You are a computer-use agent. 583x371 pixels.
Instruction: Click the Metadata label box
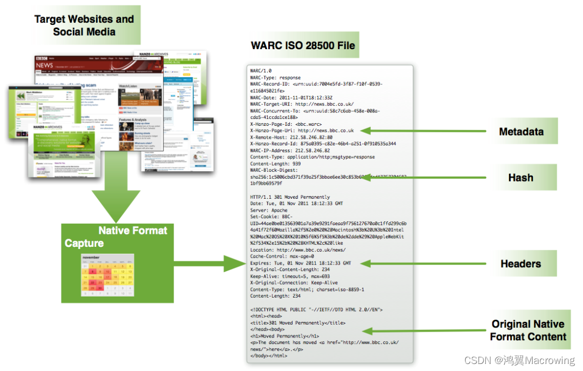tap(521, 131)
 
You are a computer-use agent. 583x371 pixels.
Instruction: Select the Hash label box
tap(520, 178)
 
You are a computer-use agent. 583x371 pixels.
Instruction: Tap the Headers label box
tap(520, 264)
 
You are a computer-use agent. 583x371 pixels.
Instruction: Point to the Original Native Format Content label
tap(527, 330)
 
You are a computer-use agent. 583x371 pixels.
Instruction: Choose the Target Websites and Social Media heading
tap(84, 25)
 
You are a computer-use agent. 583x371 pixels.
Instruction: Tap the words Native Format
tap(133, 231)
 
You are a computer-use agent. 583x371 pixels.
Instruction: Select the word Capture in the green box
tap(84, 244)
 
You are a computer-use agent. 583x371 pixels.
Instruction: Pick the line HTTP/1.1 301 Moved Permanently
tap(290, 197)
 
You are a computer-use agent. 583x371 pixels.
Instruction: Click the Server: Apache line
tap(269, 210)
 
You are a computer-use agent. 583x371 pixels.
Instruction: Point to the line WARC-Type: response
tap(275, 78)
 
